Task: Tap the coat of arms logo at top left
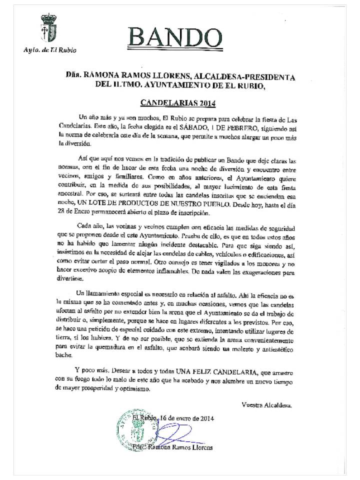tap(48, 29)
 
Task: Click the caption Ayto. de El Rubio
tap(50, 50)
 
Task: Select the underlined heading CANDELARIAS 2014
tap(178, 103)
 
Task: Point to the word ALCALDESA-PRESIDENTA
tap(252, 76)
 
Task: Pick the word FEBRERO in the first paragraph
tap(260, 127)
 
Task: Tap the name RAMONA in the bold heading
tap(103, 76)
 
